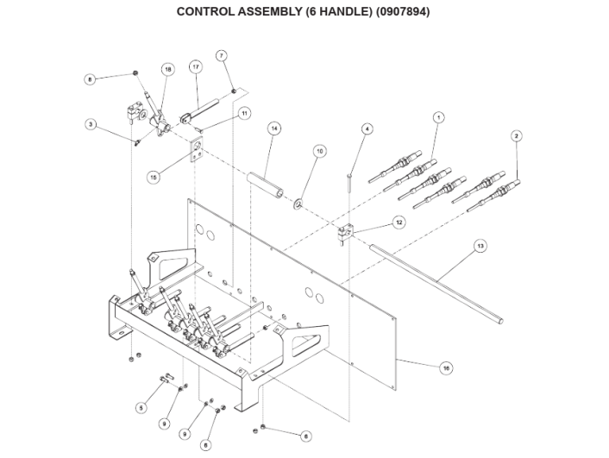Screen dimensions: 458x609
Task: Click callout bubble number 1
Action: (x=438, y=116)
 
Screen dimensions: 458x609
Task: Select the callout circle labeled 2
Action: (x=516, y=135)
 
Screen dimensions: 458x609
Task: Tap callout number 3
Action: (x=90, y=124)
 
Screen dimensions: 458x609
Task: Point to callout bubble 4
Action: (x=367, y=129)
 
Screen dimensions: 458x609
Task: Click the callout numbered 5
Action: (x=141, y=407)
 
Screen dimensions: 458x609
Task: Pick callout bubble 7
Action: (x=222, y=55)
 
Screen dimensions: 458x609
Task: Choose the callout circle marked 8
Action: (x=90, y=79)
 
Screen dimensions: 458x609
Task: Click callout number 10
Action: (x=319, y=150)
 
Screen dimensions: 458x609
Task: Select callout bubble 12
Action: (x=399, y=222)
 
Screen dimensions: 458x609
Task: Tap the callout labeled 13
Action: (x=480, y=246)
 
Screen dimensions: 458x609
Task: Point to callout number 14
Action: (x=273, y=129)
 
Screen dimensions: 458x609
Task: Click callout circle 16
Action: (x=446, y=367)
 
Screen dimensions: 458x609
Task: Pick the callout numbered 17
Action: (x=196, y=66)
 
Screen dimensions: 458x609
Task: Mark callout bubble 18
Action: (x=167, y=68)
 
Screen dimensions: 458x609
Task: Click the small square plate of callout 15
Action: (x=197, y=154)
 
